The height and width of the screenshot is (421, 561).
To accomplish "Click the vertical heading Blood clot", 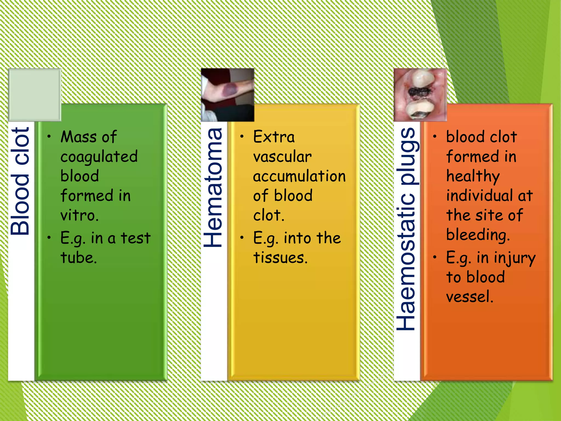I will (20, 181).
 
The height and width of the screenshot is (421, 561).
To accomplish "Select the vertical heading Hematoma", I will (213, 187).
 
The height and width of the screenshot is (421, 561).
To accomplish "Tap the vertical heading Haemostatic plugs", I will (407, 229).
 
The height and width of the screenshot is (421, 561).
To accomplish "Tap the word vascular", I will (282, 157).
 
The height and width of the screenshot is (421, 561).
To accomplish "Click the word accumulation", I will (299, 176).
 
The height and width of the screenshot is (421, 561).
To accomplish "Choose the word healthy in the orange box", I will (473, 177).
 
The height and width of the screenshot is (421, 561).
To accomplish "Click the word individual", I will (479, 196).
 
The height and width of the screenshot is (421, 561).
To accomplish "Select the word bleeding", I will (478, 235).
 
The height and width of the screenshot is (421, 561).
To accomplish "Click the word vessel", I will (469, 297).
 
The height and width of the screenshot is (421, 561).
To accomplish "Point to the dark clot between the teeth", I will (419, 92).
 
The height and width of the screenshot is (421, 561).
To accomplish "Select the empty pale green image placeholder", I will (35, 95).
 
